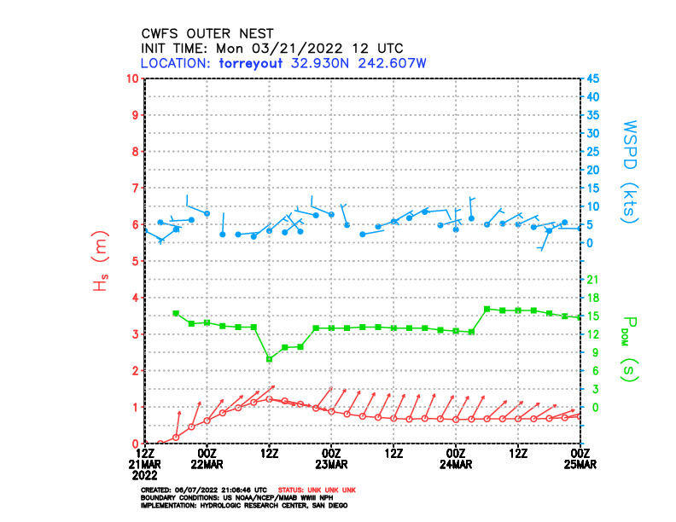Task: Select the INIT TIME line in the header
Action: [x=271, y=49]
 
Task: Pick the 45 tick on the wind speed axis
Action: [x=592, y=78]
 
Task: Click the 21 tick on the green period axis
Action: [x=591, y=279]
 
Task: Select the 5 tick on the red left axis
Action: [x=135, y=261]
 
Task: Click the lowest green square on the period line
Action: [x=269, y=359]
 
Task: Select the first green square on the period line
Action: [x=176, y=313]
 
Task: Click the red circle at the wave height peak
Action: [x=269, y=398]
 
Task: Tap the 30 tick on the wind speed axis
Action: [x=592, y=133]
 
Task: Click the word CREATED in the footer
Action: [x=158, y=490]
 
